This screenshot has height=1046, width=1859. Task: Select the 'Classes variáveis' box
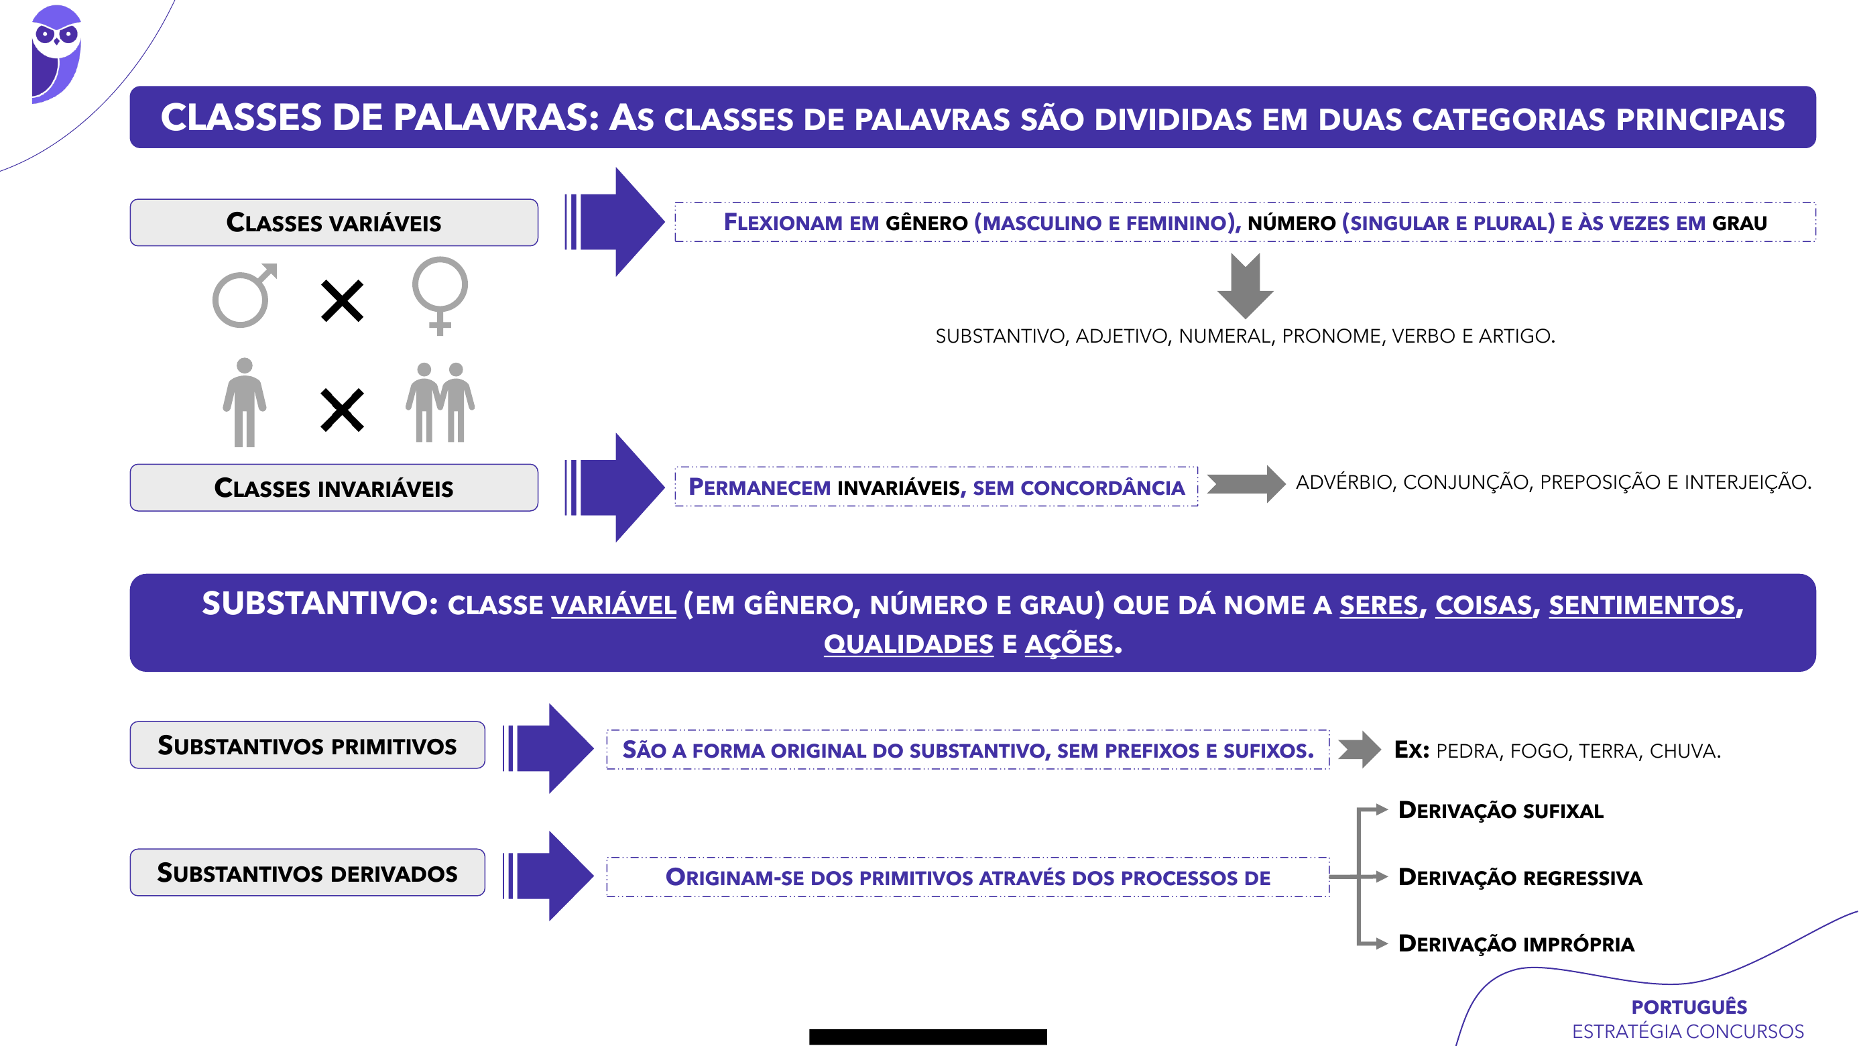click(x=333, y=223)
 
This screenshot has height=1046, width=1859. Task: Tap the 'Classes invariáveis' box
click(x=333, y=488)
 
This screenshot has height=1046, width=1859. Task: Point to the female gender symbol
click(x=440, y=294)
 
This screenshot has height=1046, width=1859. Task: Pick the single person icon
click(x=245, y=403)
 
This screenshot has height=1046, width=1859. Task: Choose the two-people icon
click(x=440, y=403)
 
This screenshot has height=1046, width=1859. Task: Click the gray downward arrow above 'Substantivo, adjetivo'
click(x=1245, y=286)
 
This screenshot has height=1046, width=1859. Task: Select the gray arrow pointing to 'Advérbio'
click(x=1246, y=483)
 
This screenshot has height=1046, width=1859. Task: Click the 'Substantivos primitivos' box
click(x=308, y=745)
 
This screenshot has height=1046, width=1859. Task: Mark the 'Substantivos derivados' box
click(x=308, y=873)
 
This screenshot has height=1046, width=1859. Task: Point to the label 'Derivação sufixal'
click(x=1500, y=811)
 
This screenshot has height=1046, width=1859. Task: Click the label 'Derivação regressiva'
click(x=1520, y=878)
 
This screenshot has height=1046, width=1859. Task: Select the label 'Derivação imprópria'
click(x=1516, y=944)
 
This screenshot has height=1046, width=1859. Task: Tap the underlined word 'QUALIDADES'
click(x=908, y=644)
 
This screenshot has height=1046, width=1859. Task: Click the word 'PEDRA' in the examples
click(x=1467, y=752)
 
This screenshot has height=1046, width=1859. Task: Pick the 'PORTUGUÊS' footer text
click(x=1689, y=1007)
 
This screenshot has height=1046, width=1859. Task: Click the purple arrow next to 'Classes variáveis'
click(x=615, y=223)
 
